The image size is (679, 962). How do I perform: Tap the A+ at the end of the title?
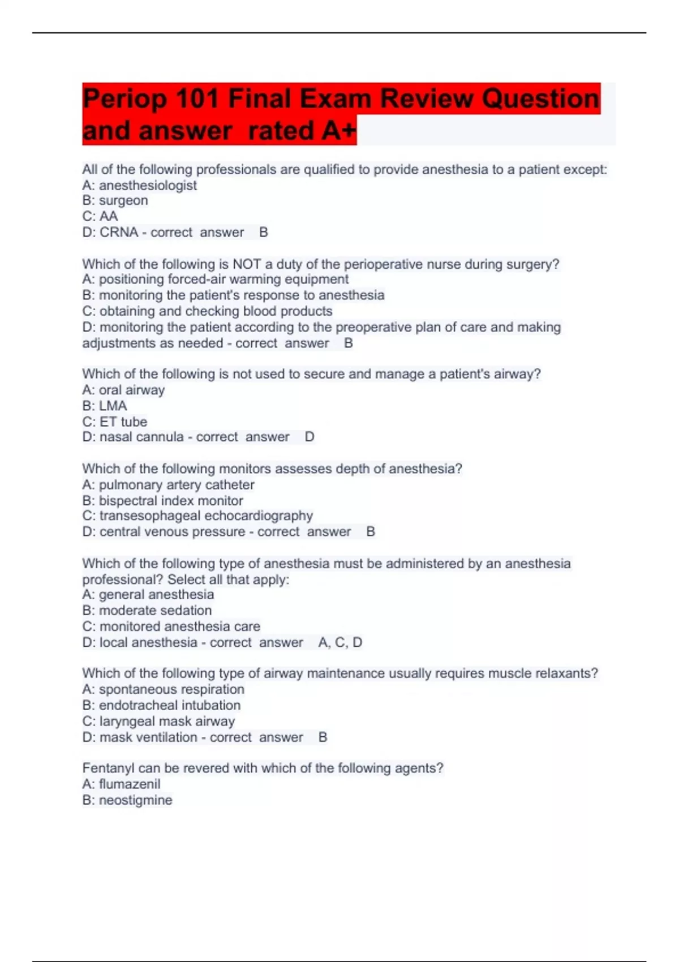[339, 131]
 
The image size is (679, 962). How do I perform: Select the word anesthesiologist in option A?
[148, 185]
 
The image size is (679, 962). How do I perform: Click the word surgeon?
[123, 201]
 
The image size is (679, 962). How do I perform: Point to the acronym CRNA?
[119, 233]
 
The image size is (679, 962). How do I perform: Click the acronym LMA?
[113, 406]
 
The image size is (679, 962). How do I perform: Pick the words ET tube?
[123, 422]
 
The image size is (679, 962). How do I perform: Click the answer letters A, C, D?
[340, 643]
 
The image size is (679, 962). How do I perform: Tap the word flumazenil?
[130, 784]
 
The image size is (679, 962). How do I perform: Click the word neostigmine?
[136, 800]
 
